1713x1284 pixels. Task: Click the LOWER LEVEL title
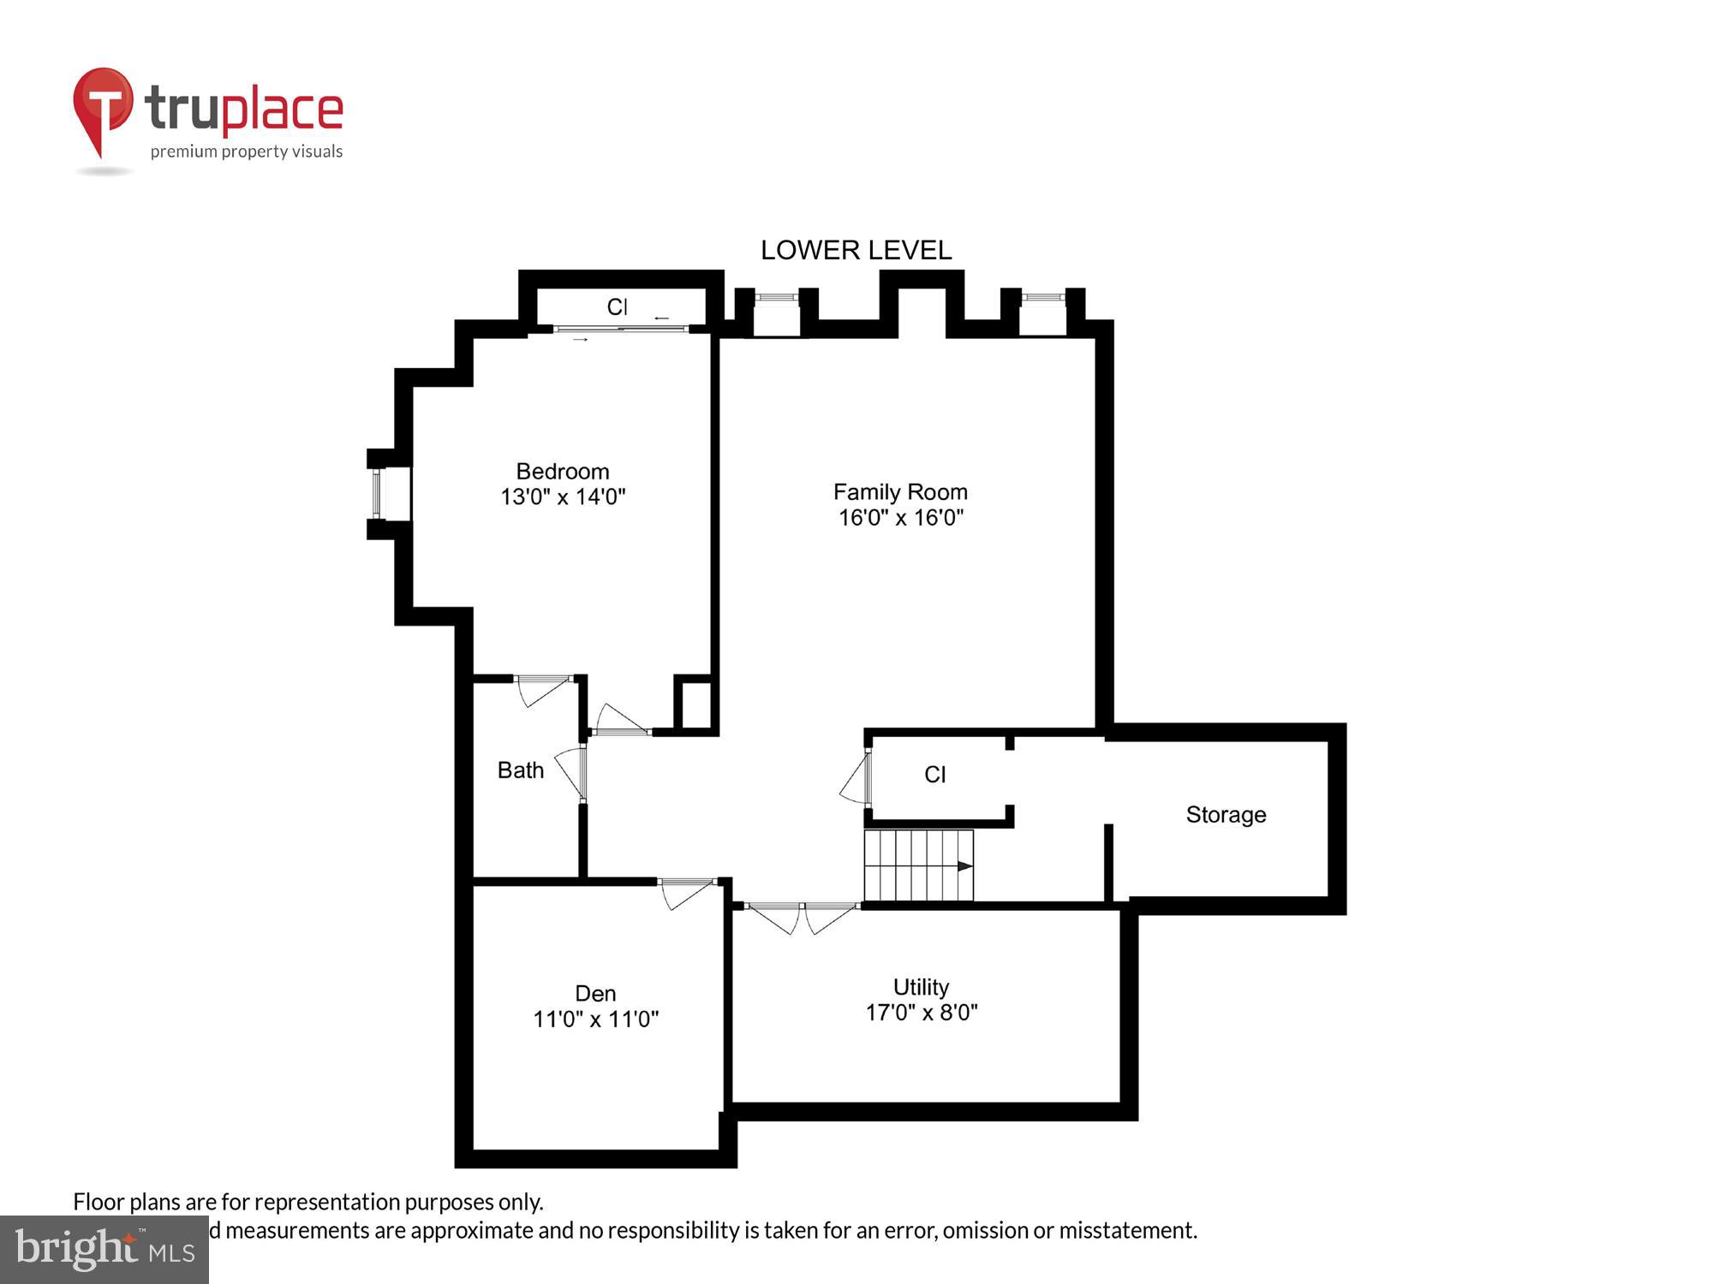point(856,250)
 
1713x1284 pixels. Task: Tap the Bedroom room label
point(563,472)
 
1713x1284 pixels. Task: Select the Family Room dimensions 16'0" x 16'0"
point(901,517)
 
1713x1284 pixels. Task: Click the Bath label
point(521,770)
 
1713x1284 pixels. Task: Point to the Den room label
point(595,993)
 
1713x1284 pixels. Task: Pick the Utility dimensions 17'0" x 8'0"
point(922,1013)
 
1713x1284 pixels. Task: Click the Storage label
point(1226,815)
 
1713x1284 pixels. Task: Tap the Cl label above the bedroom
point(617,306)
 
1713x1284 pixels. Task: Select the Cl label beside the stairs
point(934,775)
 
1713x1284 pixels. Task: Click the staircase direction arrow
point(964,866)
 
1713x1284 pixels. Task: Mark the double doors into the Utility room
point(802,916)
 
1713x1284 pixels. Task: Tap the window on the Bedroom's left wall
point(376,494)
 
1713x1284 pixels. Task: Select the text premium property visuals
point(247,152)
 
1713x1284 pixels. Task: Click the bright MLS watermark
point(104,1250)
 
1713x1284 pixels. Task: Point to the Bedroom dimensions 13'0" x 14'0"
point(563,496)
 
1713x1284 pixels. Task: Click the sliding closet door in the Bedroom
point(622,329)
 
